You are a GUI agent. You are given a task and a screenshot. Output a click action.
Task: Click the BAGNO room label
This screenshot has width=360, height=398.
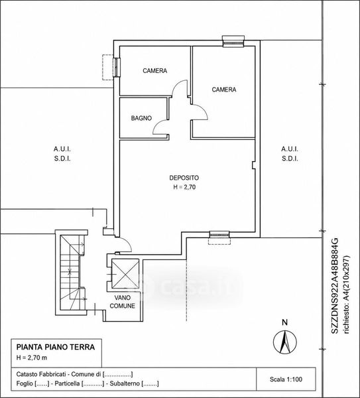pyautogui.click(x=141, y=118)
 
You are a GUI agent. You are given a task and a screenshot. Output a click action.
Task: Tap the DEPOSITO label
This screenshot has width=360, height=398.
pyautogui.click(x=184, y=178)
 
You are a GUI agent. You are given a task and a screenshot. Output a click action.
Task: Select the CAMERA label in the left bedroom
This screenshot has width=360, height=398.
pyautogui.click(x=154, y=70)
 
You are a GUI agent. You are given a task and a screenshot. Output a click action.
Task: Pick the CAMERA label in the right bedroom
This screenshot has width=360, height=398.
pyautogui.click(x=224, y=90)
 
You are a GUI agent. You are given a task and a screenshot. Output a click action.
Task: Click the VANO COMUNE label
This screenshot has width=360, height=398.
pyautogui.click(x=122, y=302)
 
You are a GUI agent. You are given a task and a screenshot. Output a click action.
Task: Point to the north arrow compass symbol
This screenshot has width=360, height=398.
pyautogui.click(x=285, y=342)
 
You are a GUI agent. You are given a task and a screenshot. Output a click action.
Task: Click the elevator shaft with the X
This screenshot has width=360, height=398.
pyautogui.click(x=125, y=273)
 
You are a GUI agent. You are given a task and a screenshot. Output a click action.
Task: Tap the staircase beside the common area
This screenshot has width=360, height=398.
pyautogui.click(x=72, y=272)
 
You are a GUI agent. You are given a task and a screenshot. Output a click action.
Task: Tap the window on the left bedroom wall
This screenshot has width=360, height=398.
pyautogui.click(x=117, y=67)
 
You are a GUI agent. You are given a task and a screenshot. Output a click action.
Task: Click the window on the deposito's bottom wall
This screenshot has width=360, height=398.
pyautogui.click(x=219, y=235)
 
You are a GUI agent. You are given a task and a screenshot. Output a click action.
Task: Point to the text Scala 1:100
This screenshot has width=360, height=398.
pyautogui.click(x=286, y=379)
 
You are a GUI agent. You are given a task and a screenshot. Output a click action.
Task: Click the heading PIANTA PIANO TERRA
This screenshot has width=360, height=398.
pyautogui.click(x=56, y=347)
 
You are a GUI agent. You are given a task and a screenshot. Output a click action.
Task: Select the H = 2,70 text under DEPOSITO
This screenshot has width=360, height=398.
pyautogui.click(x=184, y=187)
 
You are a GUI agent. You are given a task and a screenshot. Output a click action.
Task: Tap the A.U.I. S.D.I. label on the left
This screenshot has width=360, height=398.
pyautogui.click(x=62, y=154)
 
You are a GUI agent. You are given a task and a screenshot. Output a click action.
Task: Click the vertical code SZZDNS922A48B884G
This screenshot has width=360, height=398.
pyautogui.click(x=335, y=285)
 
